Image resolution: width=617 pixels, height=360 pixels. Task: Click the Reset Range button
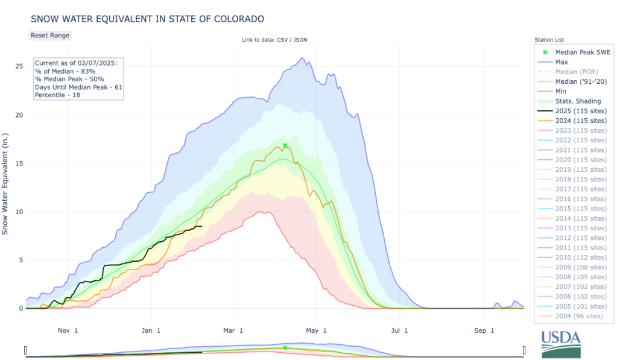(50, 35)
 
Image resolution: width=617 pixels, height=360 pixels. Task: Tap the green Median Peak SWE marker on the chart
(285, 145)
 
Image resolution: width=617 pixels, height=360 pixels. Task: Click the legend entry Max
(562, 62)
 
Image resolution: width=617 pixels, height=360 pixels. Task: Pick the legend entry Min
(561, 91)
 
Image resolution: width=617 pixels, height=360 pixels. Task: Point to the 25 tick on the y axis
(19, 66)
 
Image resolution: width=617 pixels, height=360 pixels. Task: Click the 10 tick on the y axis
(19, 212)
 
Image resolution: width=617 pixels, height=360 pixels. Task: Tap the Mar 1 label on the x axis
(233, 330)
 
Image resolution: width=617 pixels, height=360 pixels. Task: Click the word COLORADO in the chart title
(234, 19)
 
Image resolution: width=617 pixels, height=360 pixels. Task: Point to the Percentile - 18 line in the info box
(59, 95)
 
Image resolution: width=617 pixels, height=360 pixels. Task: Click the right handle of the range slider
(524, 350)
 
